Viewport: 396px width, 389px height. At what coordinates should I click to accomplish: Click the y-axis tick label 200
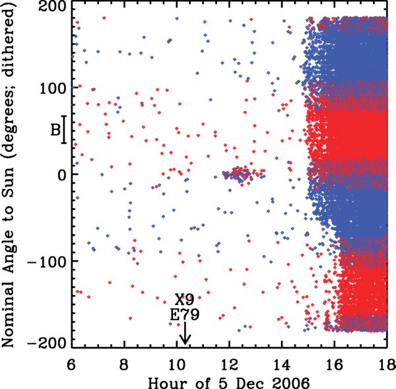tap(52, 7)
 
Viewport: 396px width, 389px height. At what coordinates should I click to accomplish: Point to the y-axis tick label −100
tap(48, 261)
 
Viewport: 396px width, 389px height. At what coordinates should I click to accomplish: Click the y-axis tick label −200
tap(48, 343)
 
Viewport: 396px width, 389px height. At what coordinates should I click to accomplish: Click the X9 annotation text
tap(185, 300)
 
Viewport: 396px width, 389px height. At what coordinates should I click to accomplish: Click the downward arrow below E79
tap(185, 334)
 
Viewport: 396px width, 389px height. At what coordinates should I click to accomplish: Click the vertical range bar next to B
tap(64, 130)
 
